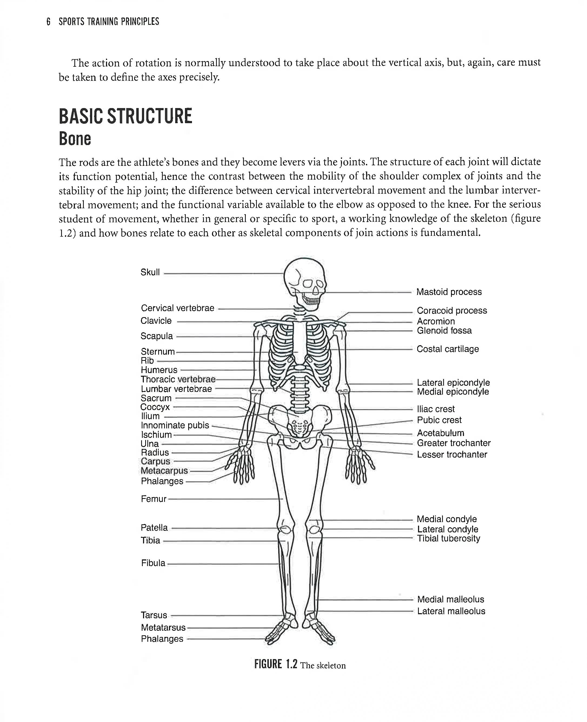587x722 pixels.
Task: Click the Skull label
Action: click(150, 272)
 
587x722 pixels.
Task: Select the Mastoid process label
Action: click(449, 292)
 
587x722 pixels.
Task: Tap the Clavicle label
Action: click(156, 321)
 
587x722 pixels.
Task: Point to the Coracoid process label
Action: click(452, 310)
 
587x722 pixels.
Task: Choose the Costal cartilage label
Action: click(447, 349)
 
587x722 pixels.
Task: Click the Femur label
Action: click(154, 499)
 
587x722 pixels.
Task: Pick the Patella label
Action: click(154, 528)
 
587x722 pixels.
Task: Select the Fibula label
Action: click(153, 563)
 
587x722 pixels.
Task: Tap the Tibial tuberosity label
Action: click(448, 538)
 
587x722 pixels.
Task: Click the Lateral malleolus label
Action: click(451, 611)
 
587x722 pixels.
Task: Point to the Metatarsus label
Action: click(163, 627)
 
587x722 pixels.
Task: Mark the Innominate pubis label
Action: click(175, 425)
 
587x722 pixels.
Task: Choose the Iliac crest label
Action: click(436, 409)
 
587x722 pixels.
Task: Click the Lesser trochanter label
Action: click(452, 455)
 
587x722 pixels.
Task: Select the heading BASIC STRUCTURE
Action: click(125, 116)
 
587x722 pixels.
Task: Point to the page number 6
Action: click(48, 22)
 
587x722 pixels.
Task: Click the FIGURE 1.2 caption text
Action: click(300, 664)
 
